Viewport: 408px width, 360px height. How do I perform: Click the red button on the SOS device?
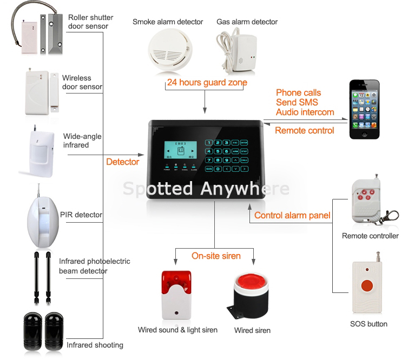pyautogui.click(x=367, y=285)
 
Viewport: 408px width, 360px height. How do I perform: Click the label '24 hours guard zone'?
pyautogui.click(x=207, y=83)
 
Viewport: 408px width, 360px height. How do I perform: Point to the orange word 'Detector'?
pyautogui.click(x=122, y=162)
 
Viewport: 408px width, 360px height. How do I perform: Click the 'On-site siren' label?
pyautogui.click(x=216, y=256)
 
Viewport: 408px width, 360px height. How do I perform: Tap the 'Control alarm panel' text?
pyautogui.click(x=292, y=215)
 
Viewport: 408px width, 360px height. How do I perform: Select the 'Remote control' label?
pyautogui.click(x=304, y=130)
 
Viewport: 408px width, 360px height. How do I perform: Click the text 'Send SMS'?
pyautogui.click(x=297, y=103)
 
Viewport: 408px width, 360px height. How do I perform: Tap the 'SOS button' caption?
pyautogui.click(x=368, y=324)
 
